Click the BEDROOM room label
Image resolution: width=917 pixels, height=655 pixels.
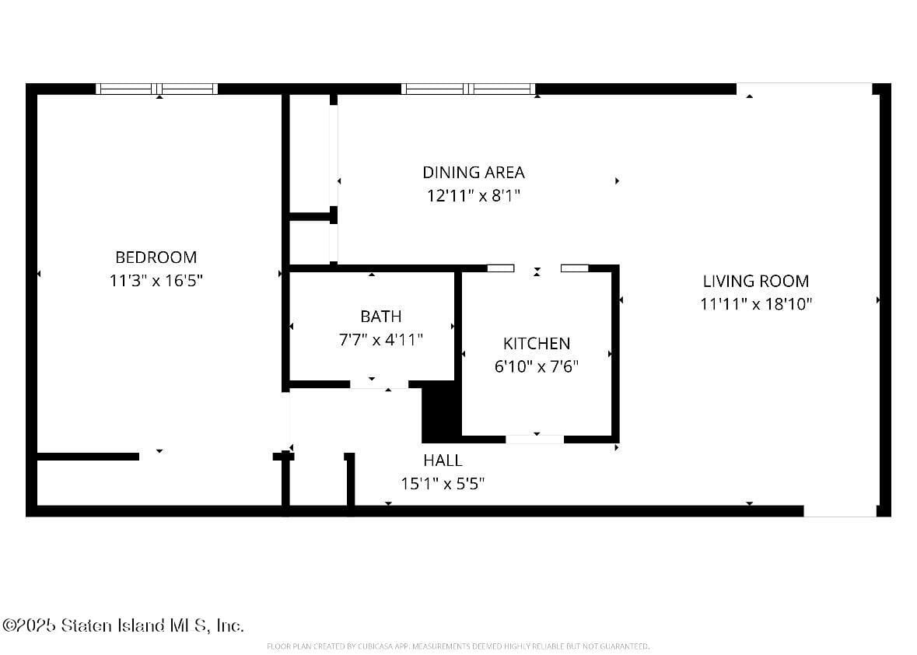(x=156, y=257)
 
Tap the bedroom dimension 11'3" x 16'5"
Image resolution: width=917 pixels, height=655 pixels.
(x=156, y=281)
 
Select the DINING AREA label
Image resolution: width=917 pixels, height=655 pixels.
(x=473, y=172)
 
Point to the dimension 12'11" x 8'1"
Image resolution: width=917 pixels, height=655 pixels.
(x=473, y=196)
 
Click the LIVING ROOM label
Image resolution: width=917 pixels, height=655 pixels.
(x=755, y=281)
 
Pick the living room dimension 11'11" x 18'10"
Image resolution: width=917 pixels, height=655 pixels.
(x=755, y=304)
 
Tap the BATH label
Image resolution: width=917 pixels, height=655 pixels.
(x=380, y=316)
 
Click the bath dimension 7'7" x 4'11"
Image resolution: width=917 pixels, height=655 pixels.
(x=380, y=340)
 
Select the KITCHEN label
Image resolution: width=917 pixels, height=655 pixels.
(x=536, y=343)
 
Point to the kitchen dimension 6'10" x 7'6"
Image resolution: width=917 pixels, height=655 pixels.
(x=536, y=366)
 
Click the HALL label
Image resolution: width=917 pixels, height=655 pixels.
(x=443, y=460)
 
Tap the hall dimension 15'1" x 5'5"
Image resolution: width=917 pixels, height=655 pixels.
(x=443, y=484)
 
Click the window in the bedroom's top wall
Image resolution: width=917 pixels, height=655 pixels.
(x=157, y=89)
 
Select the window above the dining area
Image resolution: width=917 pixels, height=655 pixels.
(x=468, y=89)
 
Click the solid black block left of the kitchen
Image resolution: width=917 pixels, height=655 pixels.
(x=441, y=412)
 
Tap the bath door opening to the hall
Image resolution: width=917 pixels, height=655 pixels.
(x=379, y=384)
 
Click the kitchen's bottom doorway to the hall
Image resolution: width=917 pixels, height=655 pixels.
(x=535, y=440)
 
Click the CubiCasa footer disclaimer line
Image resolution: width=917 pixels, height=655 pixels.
(x=457, y=646)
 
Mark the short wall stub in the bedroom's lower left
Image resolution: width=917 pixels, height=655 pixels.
(x=87, y=457)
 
